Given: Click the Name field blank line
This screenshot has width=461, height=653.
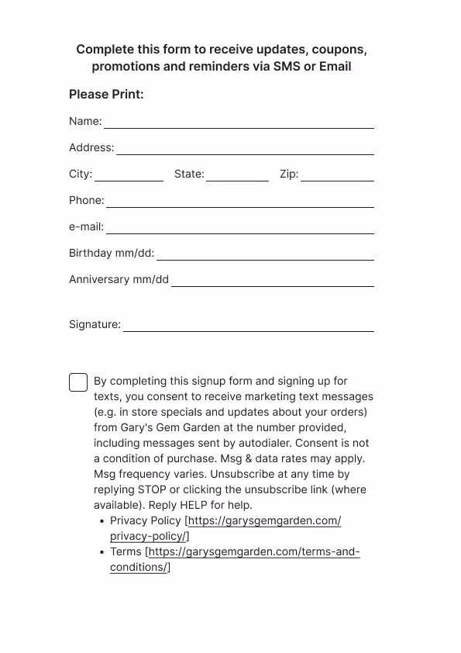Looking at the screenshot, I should click(239, 123).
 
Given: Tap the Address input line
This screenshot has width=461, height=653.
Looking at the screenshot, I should click(245, 149).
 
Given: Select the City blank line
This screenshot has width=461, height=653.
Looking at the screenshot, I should click(129, 175).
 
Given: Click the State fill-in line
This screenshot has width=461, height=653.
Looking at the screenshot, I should click(237, 175).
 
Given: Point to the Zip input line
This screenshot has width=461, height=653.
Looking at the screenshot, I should click(337, 175).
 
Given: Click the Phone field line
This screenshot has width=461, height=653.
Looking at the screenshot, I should click(240, 202).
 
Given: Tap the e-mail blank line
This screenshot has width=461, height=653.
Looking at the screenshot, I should click(240, 228).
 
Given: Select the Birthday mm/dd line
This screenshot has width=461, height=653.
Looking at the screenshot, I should click(265, 254).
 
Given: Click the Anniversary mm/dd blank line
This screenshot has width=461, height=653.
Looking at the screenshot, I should click(272, 281).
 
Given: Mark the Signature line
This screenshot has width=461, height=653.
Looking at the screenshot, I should click(249, 326).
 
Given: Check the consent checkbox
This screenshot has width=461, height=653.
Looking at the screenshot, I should click(78, 382).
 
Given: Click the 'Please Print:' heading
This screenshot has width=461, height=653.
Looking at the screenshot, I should click(106, 95).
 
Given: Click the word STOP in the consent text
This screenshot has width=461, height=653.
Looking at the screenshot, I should click(152, 490).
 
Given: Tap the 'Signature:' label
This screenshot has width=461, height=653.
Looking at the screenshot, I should click(95, 324).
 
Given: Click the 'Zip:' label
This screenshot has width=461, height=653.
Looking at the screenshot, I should click(289, 174).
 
